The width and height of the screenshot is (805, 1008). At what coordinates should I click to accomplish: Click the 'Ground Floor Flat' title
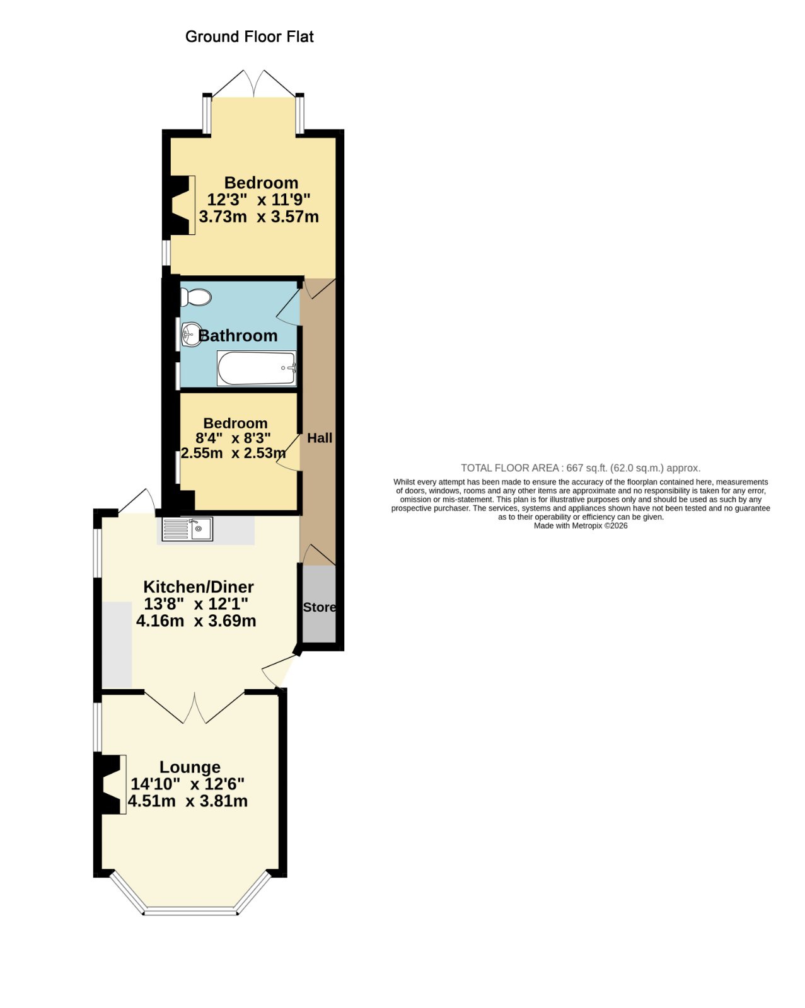click(249, 37)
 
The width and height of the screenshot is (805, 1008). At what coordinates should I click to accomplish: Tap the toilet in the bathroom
click(196, 297)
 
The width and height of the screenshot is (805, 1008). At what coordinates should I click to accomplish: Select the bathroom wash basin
click(191, 335)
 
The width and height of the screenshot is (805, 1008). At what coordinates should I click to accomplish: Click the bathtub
click(257, 368)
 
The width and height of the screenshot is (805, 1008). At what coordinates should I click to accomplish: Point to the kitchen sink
click(187, 529)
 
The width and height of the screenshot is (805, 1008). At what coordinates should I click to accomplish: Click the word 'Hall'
click(320, 438)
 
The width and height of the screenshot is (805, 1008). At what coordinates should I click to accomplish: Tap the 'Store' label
click(319, 607)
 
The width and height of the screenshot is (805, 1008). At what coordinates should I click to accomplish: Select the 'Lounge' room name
click(190, 767)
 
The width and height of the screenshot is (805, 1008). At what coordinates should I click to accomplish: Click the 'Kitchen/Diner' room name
click(199, 587)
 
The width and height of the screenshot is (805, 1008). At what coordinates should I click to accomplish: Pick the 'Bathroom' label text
click(238, 335)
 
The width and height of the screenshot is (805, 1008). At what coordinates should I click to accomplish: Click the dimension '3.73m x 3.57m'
click(259, 216)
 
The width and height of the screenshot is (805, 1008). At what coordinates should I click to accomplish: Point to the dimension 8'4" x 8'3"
click(233, 438)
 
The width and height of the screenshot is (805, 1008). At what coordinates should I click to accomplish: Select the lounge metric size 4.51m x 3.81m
click(187, 801)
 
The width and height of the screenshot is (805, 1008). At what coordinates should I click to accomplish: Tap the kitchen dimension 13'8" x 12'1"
click(196, 604)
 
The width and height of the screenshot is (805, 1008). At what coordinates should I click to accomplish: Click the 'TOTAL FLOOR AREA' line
click(581, 468)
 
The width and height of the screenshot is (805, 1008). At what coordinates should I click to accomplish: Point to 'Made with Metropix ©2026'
click(581, 526)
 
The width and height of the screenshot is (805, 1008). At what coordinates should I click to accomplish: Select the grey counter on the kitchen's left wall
click(117, 644)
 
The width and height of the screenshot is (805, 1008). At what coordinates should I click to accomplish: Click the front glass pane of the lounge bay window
click(190, 911)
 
